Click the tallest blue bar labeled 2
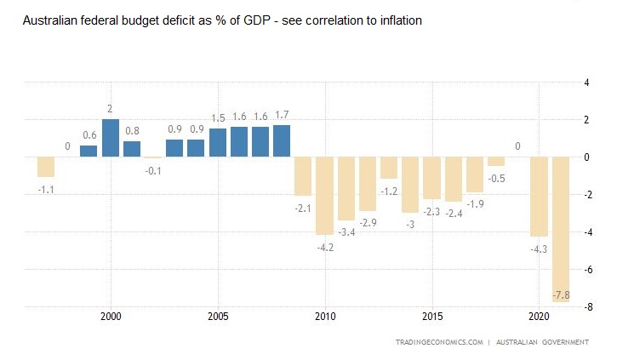[110, 138]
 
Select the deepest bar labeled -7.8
[561, 230]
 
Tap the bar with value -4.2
[324, 196]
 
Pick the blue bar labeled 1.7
[282, 141]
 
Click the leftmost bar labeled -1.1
[46, 167]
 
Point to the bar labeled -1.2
[389, 168]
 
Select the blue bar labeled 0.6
[89, 151]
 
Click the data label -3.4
[346, 231]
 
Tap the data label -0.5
[496, 178]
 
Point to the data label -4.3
[539, 249]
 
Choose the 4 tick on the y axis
[586, 83]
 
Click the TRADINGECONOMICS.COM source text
[438, 342]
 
